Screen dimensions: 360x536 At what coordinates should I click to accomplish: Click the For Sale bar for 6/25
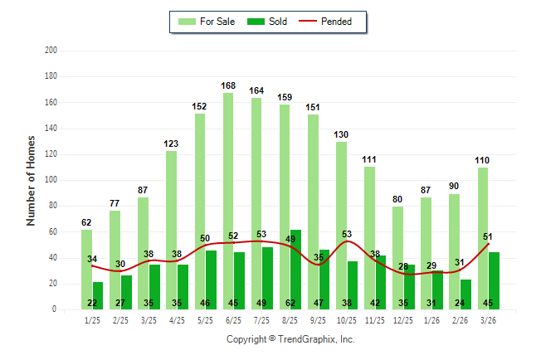click(227, 199)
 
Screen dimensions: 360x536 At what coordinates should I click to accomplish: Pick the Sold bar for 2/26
click(465, 294)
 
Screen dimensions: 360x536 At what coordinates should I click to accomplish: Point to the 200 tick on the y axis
click(51, 51)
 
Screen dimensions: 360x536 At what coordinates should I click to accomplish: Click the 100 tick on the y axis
click(51, 180)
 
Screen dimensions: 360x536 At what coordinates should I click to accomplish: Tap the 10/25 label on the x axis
click(346, 320)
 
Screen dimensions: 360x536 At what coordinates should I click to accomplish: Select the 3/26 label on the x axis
click(489, 320)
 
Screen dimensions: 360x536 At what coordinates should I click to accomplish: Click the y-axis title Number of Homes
click(31, 180)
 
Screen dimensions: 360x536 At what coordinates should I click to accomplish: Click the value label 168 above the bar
click(228, 85)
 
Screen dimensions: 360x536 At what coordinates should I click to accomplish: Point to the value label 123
click(171, 144)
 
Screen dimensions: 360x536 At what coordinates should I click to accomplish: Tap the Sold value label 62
click(296, 303)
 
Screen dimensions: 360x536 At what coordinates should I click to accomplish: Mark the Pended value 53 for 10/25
click(346, 234)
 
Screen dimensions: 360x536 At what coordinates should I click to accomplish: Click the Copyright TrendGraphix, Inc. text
click(290, 339)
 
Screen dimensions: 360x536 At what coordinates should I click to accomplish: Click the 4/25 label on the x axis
click(176, 320)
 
